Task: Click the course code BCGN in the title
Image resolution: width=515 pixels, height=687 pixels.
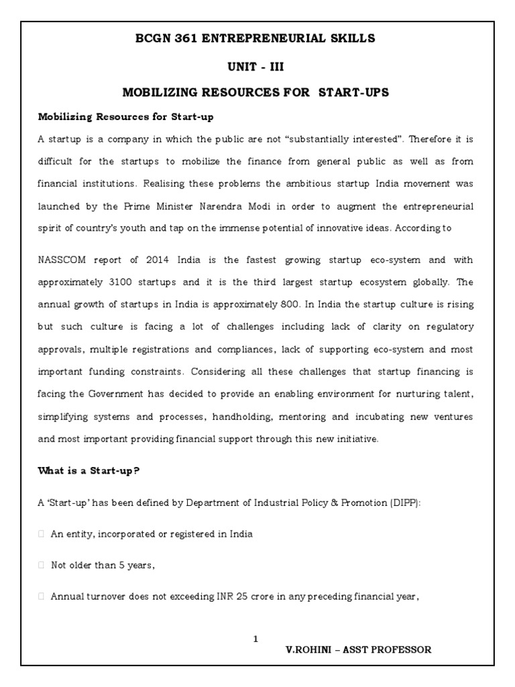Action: tap(155, 39)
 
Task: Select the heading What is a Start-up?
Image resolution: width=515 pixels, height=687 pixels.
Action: tap(88, 471)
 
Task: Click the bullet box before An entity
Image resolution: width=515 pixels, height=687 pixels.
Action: tap(42, 535)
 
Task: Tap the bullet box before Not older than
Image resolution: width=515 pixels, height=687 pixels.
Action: tap(42, 565)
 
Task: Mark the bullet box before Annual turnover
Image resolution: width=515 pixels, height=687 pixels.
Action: tap(42, 596)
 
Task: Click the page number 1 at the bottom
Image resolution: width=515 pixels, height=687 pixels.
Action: tap(255, 639)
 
